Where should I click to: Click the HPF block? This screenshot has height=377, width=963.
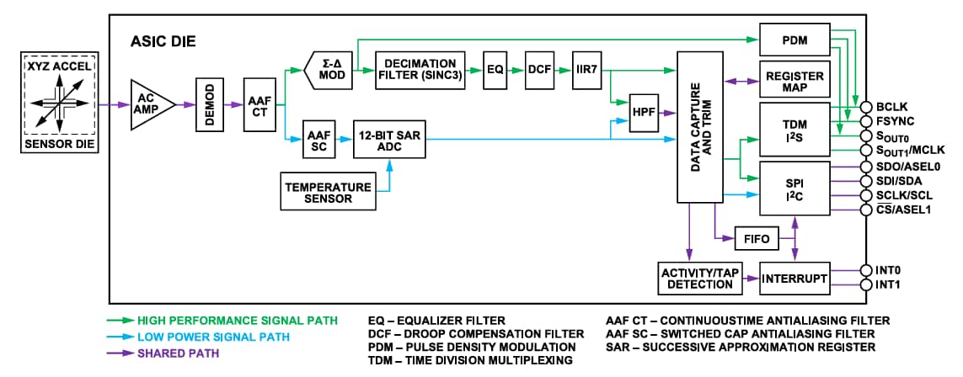coord(644,111)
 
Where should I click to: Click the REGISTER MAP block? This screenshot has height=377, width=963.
coord(794,82)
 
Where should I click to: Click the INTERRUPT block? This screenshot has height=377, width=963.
coord(794,278)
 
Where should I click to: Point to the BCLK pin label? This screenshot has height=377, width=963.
coord(891,108)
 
